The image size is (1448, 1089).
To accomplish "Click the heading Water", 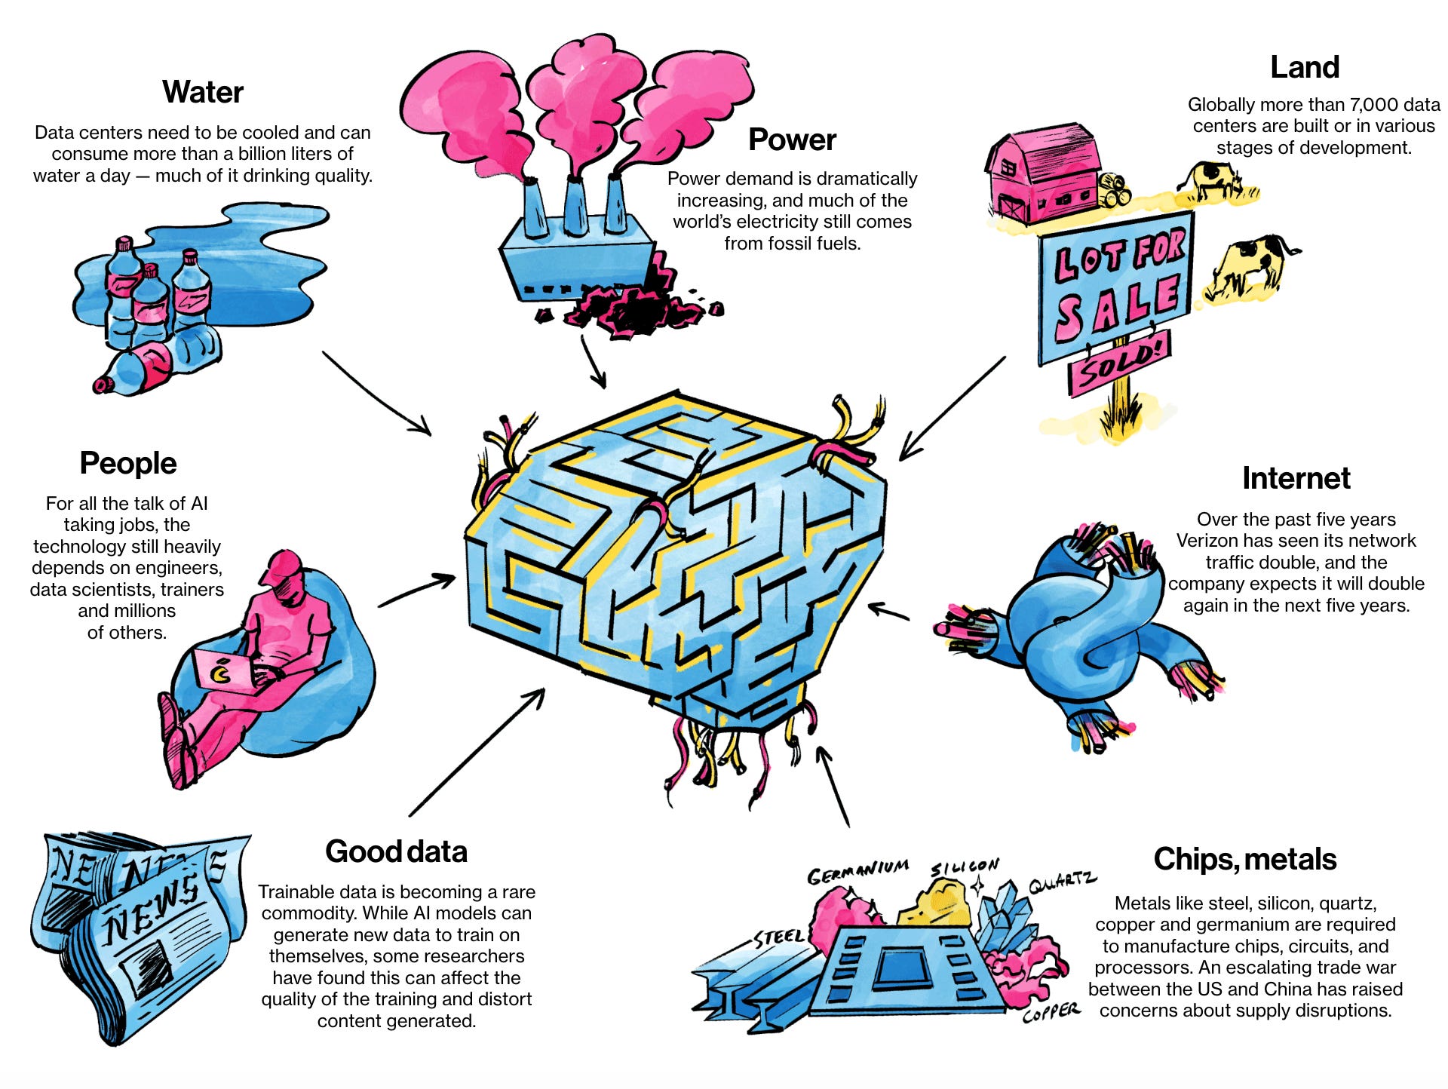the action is tap(202, 93).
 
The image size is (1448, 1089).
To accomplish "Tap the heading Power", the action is tap(792, 140).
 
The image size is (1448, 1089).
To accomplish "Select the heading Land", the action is tap(1305, 67).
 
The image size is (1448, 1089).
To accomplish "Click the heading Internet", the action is tap(1296, 478).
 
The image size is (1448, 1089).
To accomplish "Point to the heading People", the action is tap(127, 463).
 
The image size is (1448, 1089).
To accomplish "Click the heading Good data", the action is tap(396, 851).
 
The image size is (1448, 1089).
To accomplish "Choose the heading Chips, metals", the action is tap(1244, 859).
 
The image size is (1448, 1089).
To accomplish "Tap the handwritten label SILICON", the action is tap(965, 867).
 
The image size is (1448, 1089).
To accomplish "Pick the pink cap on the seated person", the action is tap(281, 566).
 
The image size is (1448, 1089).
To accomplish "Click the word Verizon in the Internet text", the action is tap(1207, 541).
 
